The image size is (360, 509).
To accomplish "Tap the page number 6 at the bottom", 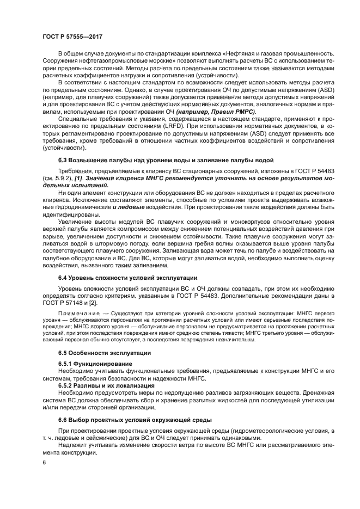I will tap(45, 462).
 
